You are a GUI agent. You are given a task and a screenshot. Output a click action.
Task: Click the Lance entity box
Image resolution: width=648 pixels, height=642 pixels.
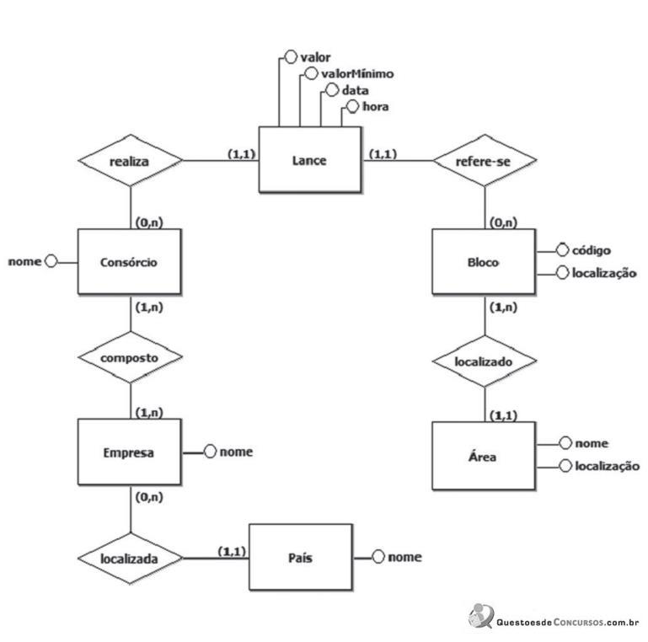tap(310, 159)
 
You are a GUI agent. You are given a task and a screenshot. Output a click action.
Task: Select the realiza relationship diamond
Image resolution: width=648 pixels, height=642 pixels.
tap(130, 160)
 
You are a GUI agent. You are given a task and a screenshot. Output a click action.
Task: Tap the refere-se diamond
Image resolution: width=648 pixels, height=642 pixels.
tap(485, 160)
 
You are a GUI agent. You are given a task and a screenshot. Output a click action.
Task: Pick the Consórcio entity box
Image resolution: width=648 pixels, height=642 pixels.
tap(130, 261)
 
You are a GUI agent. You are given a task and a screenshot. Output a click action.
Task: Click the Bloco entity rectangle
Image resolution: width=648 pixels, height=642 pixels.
tap(484, 261)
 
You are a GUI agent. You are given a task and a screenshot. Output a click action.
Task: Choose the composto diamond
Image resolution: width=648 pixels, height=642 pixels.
tap(130, 357)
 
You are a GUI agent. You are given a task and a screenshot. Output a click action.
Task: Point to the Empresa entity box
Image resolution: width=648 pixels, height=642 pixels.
tap(130, 452)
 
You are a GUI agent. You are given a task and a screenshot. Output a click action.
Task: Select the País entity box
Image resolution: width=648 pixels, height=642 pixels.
tap(301, 557)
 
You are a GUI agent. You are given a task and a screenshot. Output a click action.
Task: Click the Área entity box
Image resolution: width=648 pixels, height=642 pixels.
tap(484, 456)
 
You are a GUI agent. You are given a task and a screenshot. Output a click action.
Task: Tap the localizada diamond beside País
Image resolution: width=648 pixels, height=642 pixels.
tap(130, 558)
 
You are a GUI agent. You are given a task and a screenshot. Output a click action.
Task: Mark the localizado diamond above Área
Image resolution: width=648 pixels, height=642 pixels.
tap(485, 361)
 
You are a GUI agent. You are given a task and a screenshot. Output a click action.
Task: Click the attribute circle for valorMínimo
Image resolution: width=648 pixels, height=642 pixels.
tap(311, 73)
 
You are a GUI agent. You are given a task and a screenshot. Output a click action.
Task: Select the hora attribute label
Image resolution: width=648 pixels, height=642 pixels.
tap(376, 107)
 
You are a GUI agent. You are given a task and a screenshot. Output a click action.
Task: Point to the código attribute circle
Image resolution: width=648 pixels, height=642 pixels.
tap(562, 250)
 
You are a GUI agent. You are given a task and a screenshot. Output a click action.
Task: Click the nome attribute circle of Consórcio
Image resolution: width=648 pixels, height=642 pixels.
tap(51, 261)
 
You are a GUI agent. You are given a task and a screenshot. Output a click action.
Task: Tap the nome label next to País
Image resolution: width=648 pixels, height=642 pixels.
tap(405, 557)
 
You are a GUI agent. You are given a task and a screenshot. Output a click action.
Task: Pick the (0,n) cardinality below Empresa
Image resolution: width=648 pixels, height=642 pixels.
tap(149, 497)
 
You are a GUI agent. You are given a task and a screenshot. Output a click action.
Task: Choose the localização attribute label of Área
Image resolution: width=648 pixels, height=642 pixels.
tap(607, 466)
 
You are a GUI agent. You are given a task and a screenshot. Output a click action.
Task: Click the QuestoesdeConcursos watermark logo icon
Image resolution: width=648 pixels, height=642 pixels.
tap(481, 616)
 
